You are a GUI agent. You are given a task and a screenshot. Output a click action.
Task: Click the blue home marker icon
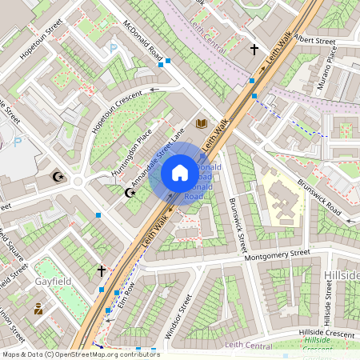pos(180,173)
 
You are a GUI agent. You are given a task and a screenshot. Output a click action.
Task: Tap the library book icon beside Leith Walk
pos(202,123)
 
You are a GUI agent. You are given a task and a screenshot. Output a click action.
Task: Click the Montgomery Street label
pos(277,254)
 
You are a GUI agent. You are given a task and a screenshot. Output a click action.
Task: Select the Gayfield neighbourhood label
pos(54,282)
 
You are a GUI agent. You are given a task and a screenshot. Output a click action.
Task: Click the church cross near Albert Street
pos(254,50)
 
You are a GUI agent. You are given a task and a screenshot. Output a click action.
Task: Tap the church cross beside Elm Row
pos(101,271)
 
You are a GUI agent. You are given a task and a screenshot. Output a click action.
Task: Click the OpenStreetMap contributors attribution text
pos(80,354)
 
